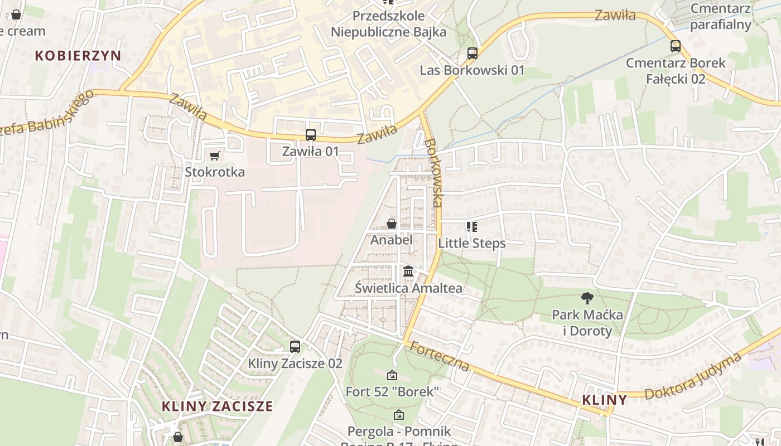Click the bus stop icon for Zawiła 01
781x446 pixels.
coord(311,135)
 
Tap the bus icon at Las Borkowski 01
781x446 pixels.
coord(473,54)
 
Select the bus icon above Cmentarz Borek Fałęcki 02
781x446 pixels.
coord(676,46)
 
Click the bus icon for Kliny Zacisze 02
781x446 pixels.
coord(295,347)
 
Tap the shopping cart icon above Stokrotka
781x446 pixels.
coord(215,156)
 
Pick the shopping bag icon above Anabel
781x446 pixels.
coord(392,224)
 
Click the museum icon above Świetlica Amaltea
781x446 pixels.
coord(408,272)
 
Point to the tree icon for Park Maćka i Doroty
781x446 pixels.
coord(587,298)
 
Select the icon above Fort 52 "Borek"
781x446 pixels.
coord(392,375)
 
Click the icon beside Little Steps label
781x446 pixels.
coord(472,227)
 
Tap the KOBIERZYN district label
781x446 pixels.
coord(78,55)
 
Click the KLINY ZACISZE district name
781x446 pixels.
coord(217,406)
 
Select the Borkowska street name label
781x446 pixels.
coord(433,173)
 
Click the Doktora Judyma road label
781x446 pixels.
coord(694,377)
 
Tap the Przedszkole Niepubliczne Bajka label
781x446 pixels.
coord(388,24)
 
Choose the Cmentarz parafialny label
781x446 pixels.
coord(720,16)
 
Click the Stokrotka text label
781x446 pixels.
coord(215,172)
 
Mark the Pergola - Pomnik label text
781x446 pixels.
coord(399,431)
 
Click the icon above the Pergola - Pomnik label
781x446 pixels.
coord(398,415)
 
